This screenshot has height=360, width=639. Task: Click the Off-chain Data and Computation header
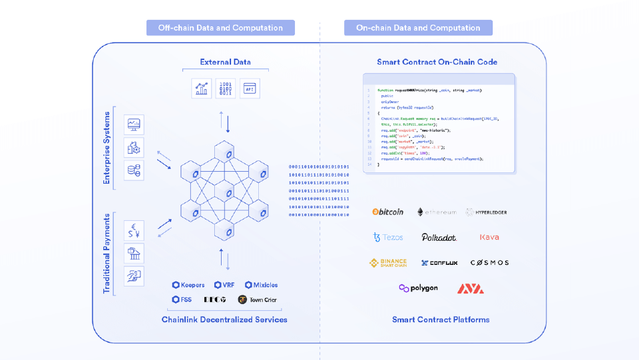point(220,28)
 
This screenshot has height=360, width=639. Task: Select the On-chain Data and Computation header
point(418,28)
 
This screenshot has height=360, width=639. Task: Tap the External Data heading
point(225,62)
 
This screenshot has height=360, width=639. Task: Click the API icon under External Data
point(250,89)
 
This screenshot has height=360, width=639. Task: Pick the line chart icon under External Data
point(200,89)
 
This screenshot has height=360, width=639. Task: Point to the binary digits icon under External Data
point(225,89)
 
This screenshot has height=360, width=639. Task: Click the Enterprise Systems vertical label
point(106,148)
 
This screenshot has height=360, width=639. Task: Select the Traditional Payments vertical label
point(106,254)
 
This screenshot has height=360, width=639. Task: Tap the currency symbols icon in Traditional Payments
point(134,230)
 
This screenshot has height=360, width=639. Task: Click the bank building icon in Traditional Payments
point(134,253)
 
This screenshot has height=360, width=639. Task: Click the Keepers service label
point(188,285)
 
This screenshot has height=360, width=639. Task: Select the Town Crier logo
point(258,299)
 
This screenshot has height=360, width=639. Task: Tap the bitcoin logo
point(388,212)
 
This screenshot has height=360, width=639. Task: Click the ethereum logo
point(437,212)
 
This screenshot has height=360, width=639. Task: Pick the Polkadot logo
point(439,237)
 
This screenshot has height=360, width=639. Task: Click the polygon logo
point(418,288)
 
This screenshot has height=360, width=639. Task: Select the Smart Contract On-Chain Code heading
point(437,62)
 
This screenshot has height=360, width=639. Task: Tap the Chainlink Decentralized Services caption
point(224,319)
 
